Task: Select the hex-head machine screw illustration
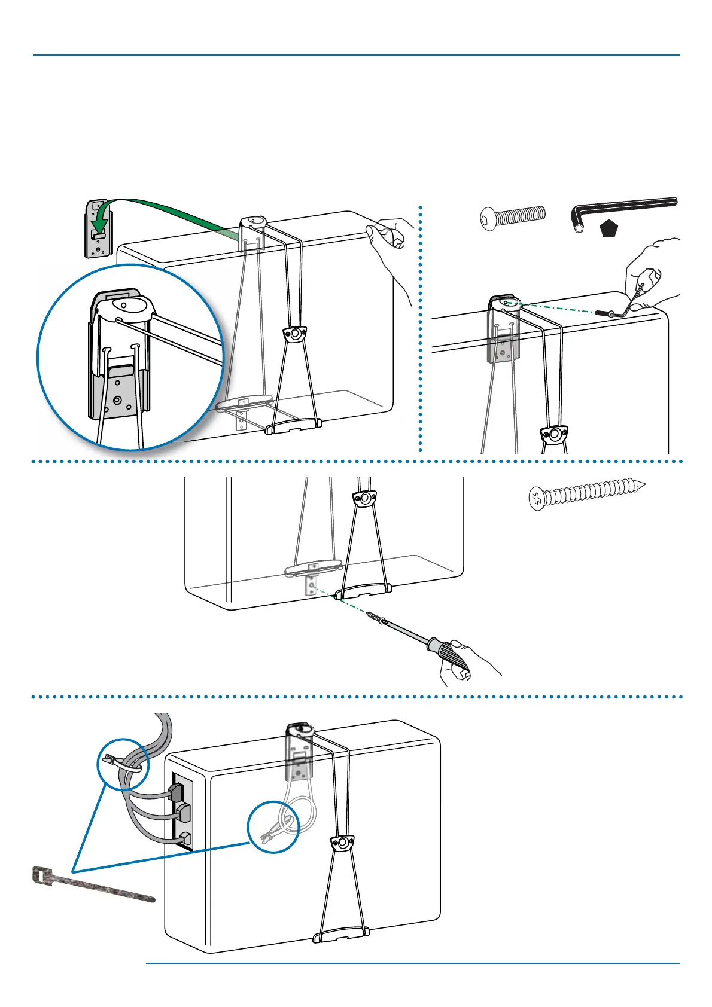513,216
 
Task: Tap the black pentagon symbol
608,228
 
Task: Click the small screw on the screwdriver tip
375,617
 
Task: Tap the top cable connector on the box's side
176,792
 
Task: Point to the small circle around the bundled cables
123,764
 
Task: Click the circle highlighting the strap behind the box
273,826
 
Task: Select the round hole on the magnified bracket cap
124,304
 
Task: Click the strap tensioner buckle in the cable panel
342,843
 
